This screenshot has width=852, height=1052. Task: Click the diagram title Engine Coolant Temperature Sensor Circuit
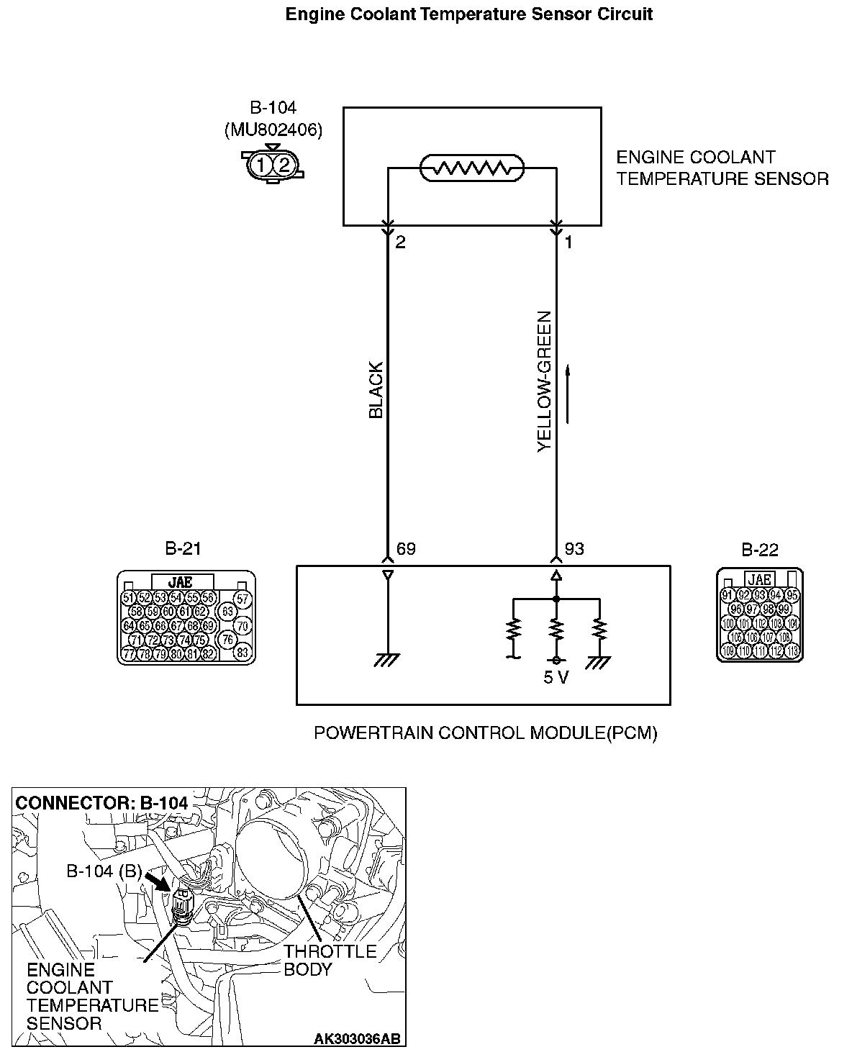(x=468, y=14)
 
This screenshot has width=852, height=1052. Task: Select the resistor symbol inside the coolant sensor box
(x=472, y=168)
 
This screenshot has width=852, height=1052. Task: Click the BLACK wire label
(x=376, y=389)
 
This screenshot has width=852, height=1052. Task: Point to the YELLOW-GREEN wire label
(x=544, y=381)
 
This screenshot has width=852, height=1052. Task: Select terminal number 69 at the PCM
(x=406, y=549)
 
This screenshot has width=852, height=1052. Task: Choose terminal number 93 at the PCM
(x=574, y=549)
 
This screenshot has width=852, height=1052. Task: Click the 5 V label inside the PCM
(x=556, y=678)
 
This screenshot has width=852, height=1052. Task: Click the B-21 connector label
(x=183, y=549)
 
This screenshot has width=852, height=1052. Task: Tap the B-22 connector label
(x=760, y=550)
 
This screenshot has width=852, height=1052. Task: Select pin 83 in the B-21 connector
(x=243, y=653)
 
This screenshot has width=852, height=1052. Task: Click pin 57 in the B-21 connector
(x=243, y=599)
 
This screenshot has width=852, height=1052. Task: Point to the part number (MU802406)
(x=273, y=130)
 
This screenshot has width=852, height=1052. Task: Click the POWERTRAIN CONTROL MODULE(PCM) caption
(x=486, y=733)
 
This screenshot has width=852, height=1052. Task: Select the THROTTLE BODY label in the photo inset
(x=330, y=960)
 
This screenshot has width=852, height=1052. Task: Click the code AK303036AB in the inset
(x=357, y=1038)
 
